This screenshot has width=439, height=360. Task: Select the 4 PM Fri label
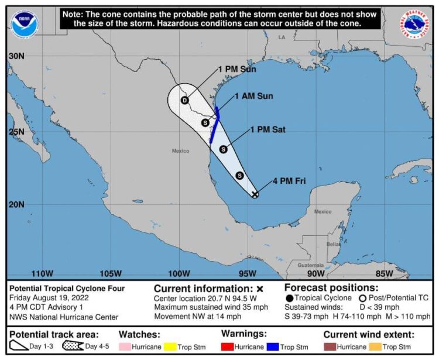[289, 181]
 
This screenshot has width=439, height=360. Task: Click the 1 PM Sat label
[267, 130]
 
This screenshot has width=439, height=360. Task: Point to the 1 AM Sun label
[253, 96]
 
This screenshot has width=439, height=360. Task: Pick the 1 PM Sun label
[237, 69]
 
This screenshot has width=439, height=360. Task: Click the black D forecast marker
[184, 101]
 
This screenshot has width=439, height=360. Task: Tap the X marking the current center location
[255, 194]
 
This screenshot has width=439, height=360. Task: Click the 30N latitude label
[16, 56]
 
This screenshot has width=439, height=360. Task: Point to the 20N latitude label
[16, 204]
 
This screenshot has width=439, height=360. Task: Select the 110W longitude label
[42, 273]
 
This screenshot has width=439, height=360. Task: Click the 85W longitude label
[384, 273]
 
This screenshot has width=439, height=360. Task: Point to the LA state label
[282, 37]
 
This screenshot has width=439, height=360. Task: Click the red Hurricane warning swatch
[228, 347]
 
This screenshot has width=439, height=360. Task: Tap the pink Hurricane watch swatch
[125, 347]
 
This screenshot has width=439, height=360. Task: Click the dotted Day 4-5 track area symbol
[73, 347]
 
